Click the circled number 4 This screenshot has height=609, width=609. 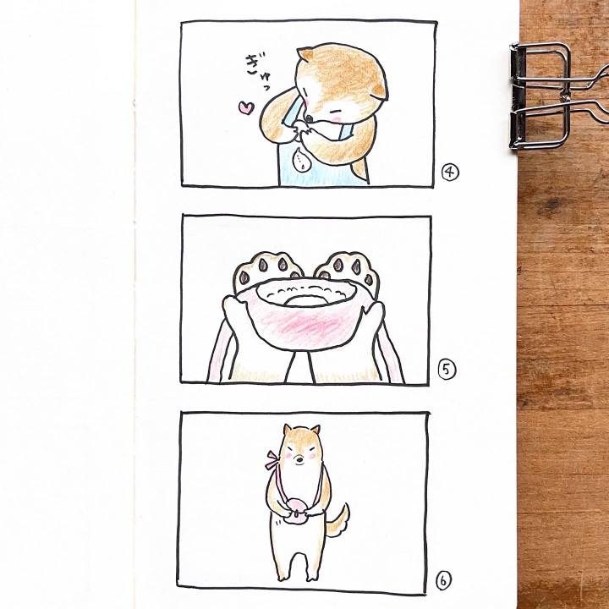[450, 172]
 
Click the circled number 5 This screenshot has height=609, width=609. [447, 370]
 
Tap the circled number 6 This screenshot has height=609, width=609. [443, 581]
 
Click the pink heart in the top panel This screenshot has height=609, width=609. [246, 107]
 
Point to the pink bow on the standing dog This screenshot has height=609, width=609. [272, 460]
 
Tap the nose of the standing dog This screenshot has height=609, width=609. [299, 460]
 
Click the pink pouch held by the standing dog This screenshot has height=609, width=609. [298, 510]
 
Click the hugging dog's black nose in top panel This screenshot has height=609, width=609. [309, 118]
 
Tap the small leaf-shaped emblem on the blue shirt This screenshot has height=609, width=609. [300, 158]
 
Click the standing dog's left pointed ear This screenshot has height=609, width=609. [288, 430]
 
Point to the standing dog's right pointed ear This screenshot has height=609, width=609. [315, 431]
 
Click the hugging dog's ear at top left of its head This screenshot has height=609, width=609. [305, 54]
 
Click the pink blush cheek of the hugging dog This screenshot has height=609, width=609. [337, 114]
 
